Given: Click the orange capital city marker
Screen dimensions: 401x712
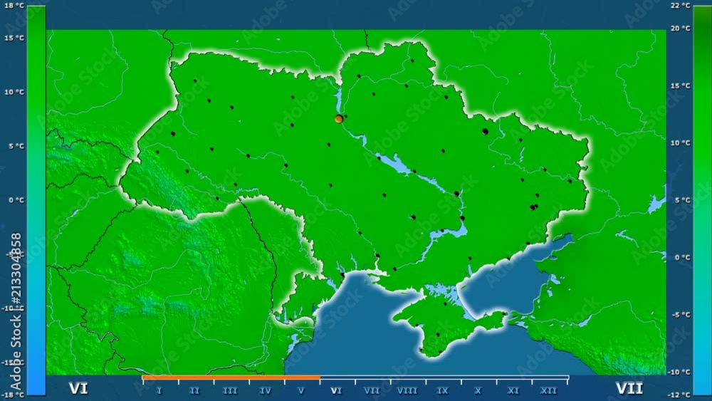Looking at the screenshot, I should [x=339, y=119].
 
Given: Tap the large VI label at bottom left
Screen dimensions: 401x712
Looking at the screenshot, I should [x=78, y=388].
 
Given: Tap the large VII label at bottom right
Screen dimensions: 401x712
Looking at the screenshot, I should [x=629, y=388].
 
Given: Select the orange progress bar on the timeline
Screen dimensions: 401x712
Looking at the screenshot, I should [x=231, y=377].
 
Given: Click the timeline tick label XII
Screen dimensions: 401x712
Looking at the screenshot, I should [x=548, y=390].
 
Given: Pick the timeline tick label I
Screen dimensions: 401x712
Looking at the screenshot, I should [x=159, y=390].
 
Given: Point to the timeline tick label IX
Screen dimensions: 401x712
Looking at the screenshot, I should [x=442, y=390].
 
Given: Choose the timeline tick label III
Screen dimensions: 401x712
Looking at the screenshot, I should [x=230, y=390].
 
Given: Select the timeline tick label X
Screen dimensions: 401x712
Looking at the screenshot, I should [x=478, y=390].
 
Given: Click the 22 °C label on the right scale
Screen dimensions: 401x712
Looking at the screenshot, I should [x=681, y=6].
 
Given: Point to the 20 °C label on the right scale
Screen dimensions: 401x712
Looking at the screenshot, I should [x=681, y=28].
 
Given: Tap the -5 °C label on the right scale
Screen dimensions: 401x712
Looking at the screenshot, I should [x=681, y=315].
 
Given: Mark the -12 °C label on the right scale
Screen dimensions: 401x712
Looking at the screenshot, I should [x=681, y=395].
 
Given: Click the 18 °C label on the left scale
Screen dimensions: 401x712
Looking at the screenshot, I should [x=14, y=6].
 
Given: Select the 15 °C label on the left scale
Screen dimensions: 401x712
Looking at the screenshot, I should [x=14, y=38].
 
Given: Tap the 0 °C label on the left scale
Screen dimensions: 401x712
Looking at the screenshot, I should [x=15, y=200].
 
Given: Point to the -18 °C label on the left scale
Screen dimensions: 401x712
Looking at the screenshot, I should [x=14, y=395].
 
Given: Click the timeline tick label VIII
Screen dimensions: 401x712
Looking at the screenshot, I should [x=407, y=390].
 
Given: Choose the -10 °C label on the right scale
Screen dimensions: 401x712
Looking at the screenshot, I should [x=681, y=372].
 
